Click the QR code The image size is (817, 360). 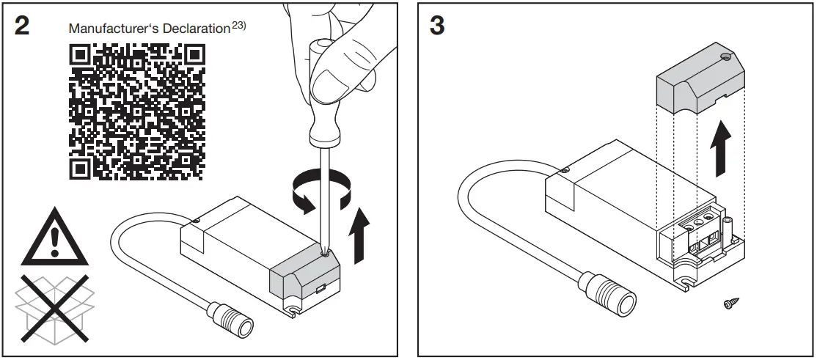pyautogui.click(x=136, y=111)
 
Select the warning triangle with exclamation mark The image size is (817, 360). pyautogui.click(x=54, y=238)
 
